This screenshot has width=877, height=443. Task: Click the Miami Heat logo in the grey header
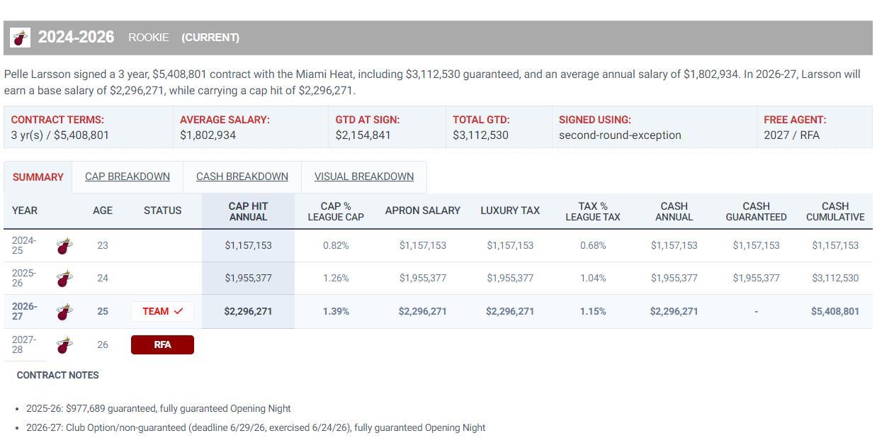coord(20,38)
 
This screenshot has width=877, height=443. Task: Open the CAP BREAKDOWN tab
coord(128,176)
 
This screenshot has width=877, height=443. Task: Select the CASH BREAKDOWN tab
coord(242,176)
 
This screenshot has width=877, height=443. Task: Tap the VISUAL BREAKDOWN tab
coord(363,176)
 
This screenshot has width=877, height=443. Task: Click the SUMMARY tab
coord(38,177)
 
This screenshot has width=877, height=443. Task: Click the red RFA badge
coord(162,344)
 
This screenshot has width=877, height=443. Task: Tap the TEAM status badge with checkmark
coord(162,311)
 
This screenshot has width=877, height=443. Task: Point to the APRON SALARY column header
coord(422,211)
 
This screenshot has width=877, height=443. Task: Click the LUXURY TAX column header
coord(510,211)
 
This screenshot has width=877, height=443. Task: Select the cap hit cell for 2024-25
coord(248,245)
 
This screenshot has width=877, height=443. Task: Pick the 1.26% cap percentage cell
coord(336,278)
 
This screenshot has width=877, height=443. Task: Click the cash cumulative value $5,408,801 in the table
coord(835,311)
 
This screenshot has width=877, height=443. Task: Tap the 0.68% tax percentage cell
coord(593,245)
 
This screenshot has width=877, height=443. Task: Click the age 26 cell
coord(103,344)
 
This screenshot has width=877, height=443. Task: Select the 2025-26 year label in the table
coord(24,278)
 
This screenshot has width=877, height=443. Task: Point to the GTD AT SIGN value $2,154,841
coord(363,135)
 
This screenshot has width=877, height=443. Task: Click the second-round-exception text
coord(620,135)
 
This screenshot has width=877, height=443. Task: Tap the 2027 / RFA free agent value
coord(791,135)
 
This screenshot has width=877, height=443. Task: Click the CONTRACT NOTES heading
coord(57,375)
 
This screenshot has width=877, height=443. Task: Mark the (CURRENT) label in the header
coord(210,38)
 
